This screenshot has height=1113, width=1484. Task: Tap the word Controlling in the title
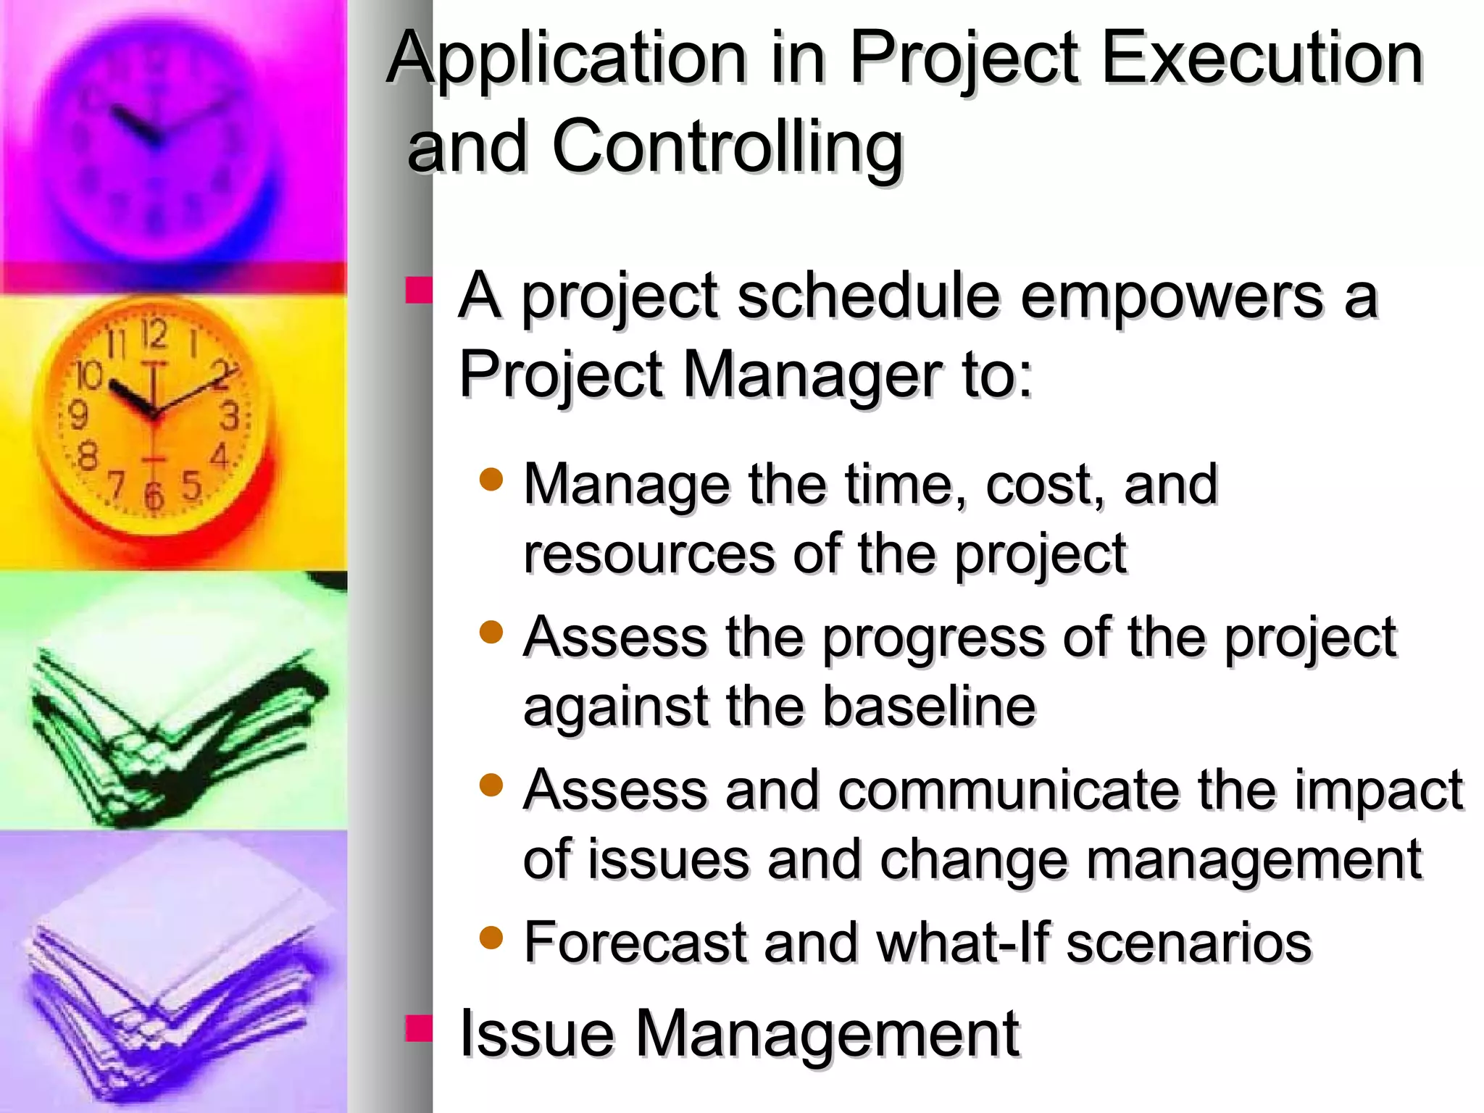[x=728, y=147]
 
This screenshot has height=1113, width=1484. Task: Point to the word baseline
[x=929, y=706]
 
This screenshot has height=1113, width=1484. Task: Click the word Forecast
[x=635, y=943]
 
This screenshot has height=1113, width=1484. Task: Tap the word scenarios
[x=1188, y=943]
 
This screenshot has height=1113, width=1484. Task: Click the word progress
[x=935, y=638]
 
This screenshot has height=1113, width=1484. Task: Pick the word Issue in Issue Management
[x=537, y=1034]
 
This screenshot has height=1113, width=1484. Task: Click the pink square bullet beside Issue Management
[x=419, y=1027]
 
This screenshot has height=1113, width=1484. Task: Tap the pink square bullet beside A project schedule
[x=419, y=290]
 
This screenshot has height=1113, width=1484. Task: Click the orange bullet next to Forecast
[x=491, y=938]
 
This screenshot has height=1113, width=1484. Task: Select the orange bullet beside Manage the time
[x=491, y=479]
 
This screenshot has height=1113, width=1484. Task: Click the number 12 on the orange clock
[x=154, y=334]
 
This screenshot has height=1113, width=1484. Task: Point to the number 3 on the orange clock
[x=230, y=417]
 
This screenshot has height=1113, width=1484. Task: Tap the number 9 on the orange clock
[x=78, y=415]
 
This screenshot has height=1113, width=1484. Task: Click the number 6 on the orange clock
[x=154, y=496]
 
